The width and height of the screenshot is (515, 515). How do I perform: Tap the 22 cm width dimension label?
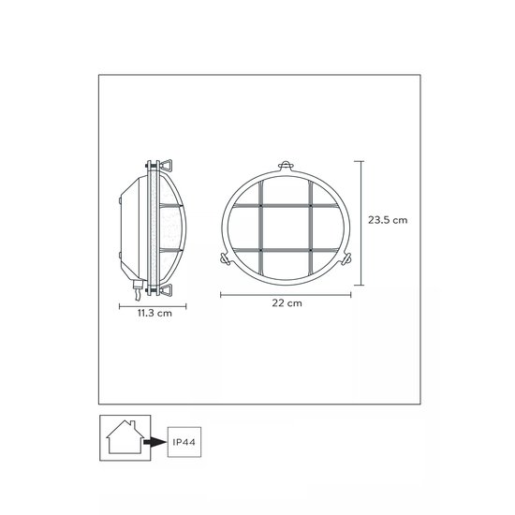pyautogui.click(x=287, y=304)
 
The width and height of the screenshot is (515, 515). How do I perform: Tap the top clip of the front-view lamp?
pyautogui.click(x=287, y=161)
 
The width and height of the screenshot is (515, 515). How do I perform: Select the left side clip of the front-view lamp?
pyautogui.click(x=223, y=257)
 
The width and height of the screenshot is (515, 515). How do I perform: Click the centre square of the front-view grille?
pyautogui.click(x=287, y=225)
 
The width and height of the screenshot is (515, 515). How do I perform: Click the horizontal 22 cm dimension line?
pyautogui.click(x=287, y=293)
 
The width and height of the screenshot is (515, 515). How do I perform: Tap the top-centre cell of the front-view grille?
pyautogui.click(x=287, y=190)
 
